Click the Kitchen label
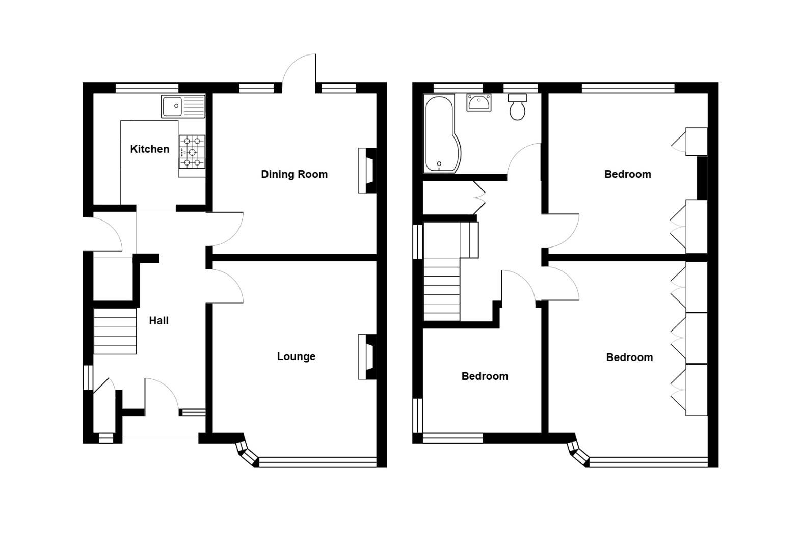click(x=149, y=149)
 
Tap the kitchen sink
click(x=182, y=106)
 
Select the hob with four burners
click(x=192, y=152)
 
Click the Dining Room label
click(x=294, y=174)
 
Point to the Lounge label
click(x=296, y=356)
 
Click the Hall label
click(x=158, y=320)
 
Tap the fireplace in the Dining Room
click(x=366, y=171)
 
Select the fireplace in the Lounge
click(x=366, y=356)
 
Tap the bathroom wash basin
click(x=479, y=102)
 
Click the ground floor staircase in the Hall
click(x=115, y=331)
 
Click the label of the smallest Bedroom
click(x=485, y=376)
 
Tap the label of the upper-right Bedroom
click(x=627, y=174)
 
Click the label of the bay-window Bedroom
click(x=629, y=358)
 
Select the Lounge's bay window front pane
click(x=317, y=462)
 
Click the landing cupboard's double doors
click(x=479, y=198)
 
